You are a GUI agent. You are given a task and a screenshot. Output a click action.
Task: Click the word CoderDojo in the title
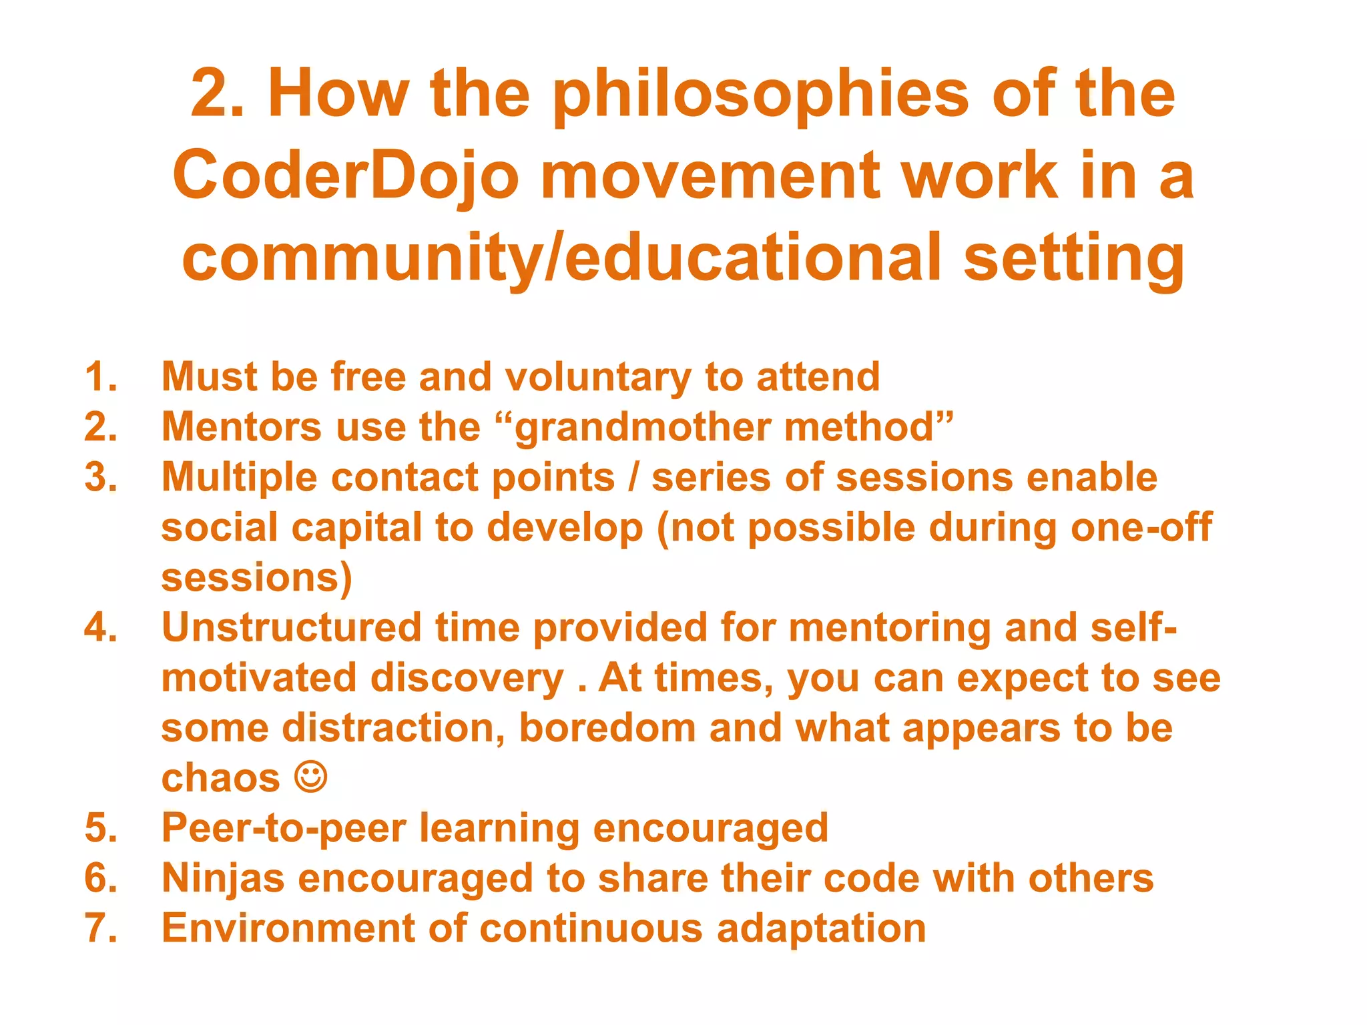pyautogui.click(x=345, y=176)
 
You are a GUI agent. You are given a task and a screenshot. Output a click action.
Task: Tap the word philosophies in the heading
pyautogui.click(x=761, y=95)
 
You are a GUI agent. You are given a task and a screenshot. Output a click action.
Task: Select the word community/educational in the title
pyautogui.click(x=561, y=258)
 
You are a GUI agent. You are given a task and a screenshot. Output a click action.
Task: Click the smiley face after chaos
pyautogui.click(x=311, y=777)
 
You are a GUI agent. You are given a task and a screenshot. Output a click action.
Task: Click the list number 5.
pyautogui.click(x=101, y=828)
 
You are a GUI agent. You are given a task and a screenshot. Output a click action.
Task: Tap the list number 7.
pyautogui.click(x=101, y=928)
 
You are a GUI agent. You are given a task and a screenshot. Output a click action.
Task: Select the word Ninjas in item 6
pyautogui.click(x=223, y=878)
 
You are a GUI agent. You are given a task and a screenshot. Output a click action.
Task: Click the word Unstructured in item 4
pyautogui.click(x=292, y=628)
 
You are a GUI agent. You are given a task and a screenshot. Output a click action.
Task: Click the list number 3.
pyautogui.click(x=101, y=478)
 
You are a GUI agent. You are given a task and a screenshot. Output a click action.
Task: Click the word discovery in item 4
pyautogui.click(x=467, y=678)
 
